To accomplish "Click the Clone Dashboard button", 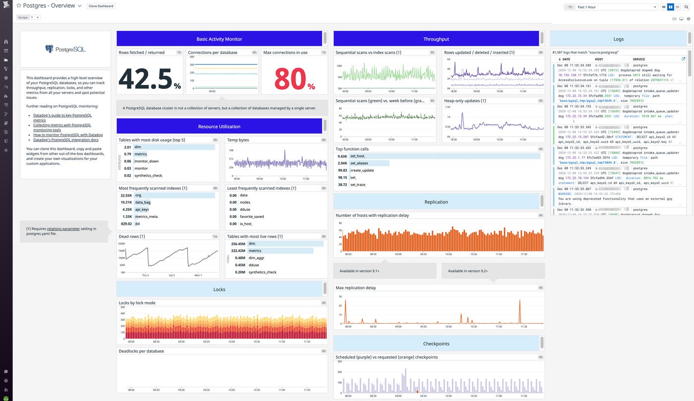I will tap(101, 6).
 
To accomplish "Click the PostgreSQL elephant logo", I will tap(49, 49).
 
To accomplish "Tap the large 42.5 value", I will tap(145, 78).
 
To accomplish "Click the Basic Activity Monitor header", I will tap(219, 39).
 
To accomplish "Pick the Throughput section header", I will tap(436, 39).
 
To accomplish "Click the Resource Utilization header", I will tap(219, 126).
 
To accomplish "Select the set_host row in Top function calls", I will tap(357, 156).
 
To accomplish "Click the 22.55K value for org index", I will tap(126, 195).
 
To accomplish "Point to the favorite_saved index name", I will tap(251, 216).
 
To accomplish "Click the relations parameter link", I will tap(63, 229).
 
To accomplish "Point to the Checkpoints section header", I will tap(436, 343).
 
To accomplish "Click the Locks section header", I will tap(219, 289).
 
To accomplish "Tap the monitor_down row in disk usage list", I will tap(146, 161).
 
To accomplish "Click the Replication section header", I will tap(436, 202).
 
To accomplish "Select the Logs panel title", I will tap(618, 39).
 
